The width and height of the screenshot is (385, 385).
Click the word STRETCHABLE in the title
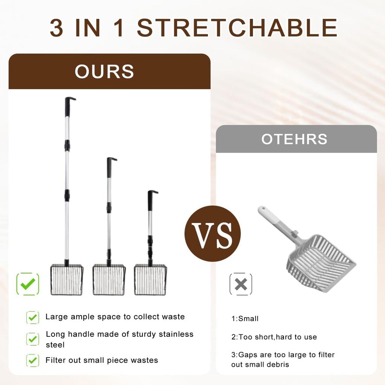click(x=237, y=28)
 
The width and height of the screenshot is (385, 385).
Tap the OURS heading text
click(x=104, y=71)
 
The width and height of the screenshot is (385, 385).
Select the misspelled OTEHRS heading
click(x=294, y=139)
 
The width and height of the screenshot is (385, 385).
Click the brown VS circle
click(x=212, y=233)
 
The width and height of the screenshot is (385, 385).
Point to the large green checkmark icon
click(x=28, y=284)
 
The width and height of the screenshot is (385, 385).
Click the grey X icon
click(x=241, y=284)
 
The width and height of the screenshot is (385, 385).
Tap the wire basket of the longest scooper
click(x=67, y=280)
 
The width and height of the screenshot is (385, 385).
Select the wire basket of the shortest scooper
click(x=150, y=280)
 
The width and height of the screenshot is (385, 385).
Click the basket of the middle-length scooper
click(x=109, y=280)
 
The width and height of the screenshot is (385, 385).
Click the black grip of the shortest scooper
click(x=150, y=201)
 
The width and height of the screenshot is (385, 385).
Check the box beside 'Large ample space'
click(x=33, y=317)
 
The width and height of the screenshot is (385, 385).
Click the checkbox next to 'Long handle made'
click(x=33, y=339)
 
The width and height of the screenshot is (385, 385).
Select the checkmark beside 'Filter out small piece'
click(x=33, y=361)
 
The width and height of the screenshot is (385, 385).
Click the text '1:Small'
click(x=245, y=319)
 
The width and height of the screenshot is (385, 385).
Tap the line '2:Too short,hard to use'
click(x=274, y=337)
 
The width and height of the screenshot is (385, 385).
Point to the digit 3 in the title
click(x=56, y=28)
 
